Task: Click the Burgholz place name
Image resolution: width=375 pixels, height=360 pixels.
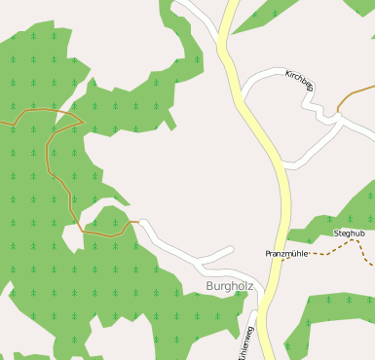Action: pos(230,286)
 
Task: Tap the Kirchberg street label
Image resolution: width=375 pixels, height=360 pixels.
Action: pos(299,81)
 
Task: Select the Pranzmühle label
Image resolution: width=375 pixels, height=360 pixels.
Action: pos(286,253)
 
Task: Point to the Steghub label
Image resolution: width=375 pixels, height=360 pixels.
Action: pos(349,234)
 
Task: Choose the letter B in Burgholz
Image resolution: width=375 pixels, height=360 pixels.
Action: pos(210,286)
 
